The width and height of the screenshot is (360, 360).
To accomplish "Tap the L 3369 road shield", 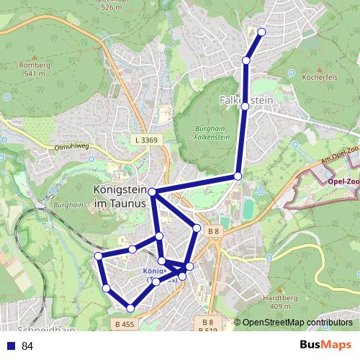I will [x=145, y=139].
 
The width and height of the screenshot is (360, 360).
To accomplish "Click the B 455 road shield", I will [x=125, y=325].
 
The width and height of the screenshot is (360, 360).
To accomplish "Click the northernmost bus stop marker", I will [x=261, y=32].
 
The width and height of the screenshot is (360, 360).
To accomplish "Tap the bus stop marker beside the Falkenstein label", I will [x=245, y=107].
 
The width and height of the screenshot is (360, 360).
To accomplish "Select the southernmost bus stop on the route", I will [x=130, y=308].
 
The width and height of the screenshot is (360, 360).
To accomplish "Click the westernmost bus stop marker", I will [x=99, y=256].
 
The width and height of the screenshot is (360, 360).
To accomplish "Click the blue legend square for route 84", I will [x=11, y=346].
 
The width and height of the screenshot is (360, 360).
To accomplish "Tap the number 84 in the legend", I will [x=27, y=346].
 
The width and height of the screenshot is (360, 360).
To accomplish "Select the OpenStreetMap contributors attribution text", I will [x=297, y=323].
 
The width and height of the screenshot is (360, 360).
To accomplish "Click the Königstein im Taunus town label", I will [x=120, y=197].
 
